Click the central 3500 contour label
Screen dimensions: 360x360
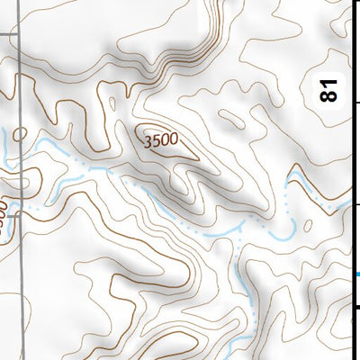pos(160,140)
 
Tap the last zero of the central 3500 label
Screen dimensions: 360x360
pos(173,144)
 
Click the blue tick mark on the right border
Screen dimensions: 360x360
pos(356,274)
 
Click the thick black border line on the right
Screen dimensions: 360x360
pos(353,180)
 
